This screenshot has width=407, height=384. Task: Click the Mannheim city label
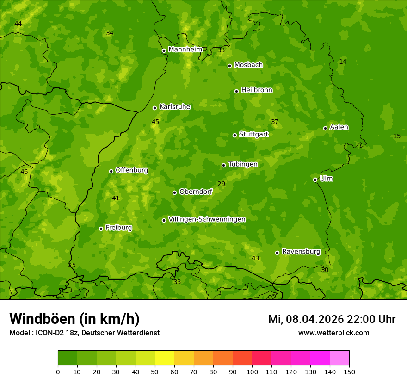point(185,50)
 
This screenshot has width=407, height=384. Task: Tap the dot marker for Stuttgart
point(234,135)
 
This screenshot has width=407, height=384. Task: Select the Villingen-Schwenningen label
point(207,219)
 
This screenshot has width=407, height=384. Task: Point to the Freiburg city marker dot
point(101,229)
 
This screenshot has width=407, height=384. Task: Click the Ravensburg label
point(301,252)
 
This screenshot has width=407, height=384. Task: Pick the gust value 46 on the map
point(24,172)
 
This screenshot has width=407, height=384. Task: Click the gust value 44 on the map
point(18,24)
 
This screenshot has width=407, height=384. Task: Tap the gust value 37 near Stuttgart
point(275,122)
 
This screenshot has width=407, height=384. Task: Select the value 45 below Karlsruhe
point(155,122)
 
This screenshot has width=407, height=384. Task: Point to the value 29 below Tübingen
point(222,184)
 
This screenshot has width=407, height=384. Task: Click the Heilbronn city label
point(257,90)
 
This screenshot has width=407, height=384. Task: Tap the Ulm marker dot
point(315,180)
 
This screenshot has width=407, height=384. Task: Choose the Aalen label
point(339,127)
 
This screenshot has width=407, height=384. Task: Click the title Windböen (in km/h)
point(74,319)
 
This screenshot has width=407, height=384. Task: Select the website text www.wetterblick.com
point(333,333)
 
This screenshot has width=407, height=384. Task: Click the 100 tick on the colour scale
point(252,372)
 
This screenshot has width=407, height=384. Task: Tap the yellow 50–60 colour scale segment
point(165,358)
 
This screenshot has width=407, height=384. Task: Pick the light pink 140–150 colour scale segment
point(339,358)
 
